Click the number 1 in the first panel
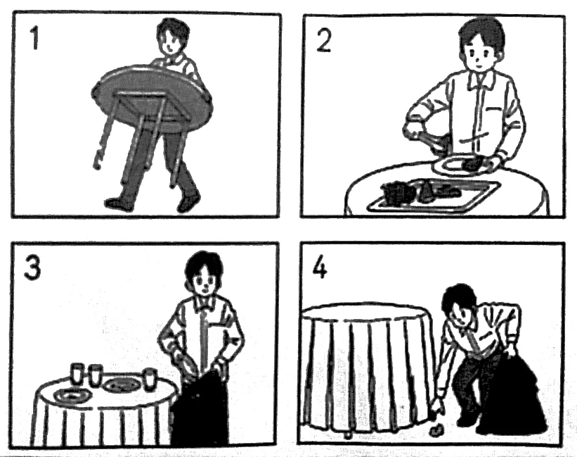pos(34,39)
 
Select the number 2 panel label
pos(324,40)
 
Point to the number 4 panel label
pos(319,266)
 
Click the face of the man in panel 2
pos(478,56)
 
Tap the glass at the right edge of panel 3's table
pos(150,380)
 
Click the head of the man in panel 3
pos(204,273)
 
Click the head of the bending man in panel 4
pos(460,303)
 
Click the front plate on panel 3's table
pos(72,396)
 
